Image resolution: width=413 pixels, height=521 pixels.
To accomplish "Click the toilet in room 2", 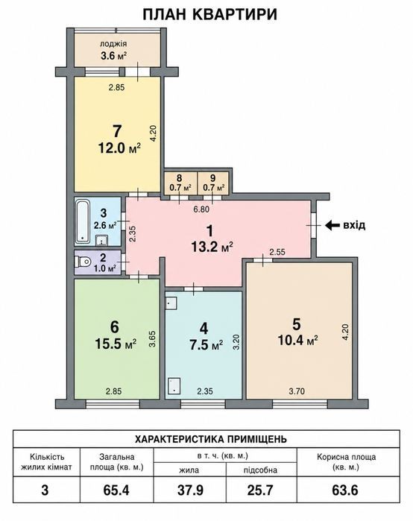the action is point(83,262).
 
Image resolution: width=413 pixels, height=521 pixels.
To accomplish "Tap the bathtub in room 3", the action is point(83,221).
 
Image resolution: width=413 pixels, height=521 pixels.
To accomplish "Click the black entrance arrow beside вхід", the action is point(332,225).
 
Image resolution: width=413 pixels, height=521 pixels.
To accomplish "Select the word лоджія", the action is point(113,44).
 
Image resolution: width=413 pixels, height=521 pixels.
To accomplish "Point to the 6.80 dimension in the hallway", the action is point(201,209).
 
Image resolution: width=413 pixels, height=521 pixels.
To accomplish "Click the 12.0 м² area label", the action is point(119,148).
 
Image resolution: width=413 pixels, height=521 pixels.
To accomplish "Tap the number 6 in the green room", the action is point(114,327).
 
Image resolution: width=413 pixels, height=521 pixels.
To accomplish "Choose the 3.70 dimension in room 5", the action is point(297,391).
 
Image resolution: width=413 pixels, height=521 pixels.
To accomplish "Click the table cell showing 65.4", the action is point(116,490).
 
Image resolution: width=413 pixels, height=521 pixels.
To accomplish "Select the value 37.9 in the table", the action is point(190,490).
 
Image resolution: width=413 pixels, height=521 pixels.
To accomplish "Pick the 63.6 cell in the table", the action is point(345,490).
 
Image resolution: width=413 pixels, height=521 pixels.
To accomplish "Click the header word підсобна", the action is point(260,470).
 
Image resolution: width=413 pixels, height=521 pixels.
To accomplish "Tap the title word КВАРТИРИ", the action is point(235,15).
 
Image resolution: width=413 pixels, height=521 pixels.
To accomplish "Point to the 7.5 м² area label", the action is point(206,345).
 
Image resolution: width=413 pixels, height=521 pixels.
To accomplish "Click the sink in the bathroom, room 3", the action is point(101,240).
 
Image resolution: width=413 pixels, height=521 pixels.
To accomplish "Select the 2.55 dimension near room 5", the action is point(277,252).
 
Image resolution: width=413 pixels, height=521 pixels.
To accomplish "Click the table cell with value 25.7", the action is point(260,490).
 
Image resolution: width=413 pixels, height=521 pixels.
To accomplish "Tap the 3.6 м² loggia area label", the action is point(114,55).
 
